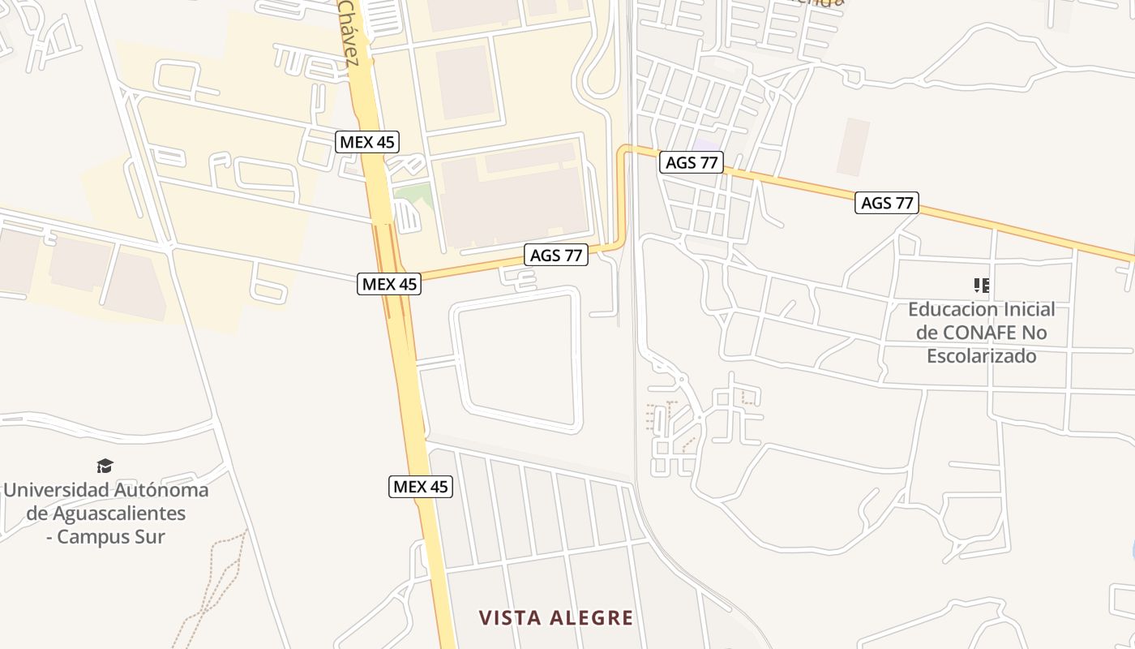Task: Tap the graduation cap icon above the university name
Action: (x=105, y=466)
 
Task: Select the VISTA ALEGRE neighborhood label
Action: (x=555, y=618)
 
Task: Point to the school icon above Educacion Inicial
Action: (x=981, y=285)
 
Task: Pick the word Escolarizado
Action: (x=981, y=356)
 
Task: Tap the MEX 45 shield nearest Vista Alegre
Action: (x=421, y=487)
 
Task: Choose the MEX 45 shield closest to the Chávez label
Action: (x=367, y=142)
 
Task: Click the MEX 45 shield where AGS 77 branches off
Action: (x=389, y=284)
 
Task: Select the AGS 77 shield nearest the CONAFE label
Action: (x=886, y=203)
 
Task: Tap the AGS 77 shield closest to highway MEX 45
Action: (x=556, y=255)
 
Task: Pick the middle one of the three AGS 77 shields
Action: (x=691, y=162)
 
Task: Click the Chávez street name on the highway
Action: (x=349, y=32)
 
